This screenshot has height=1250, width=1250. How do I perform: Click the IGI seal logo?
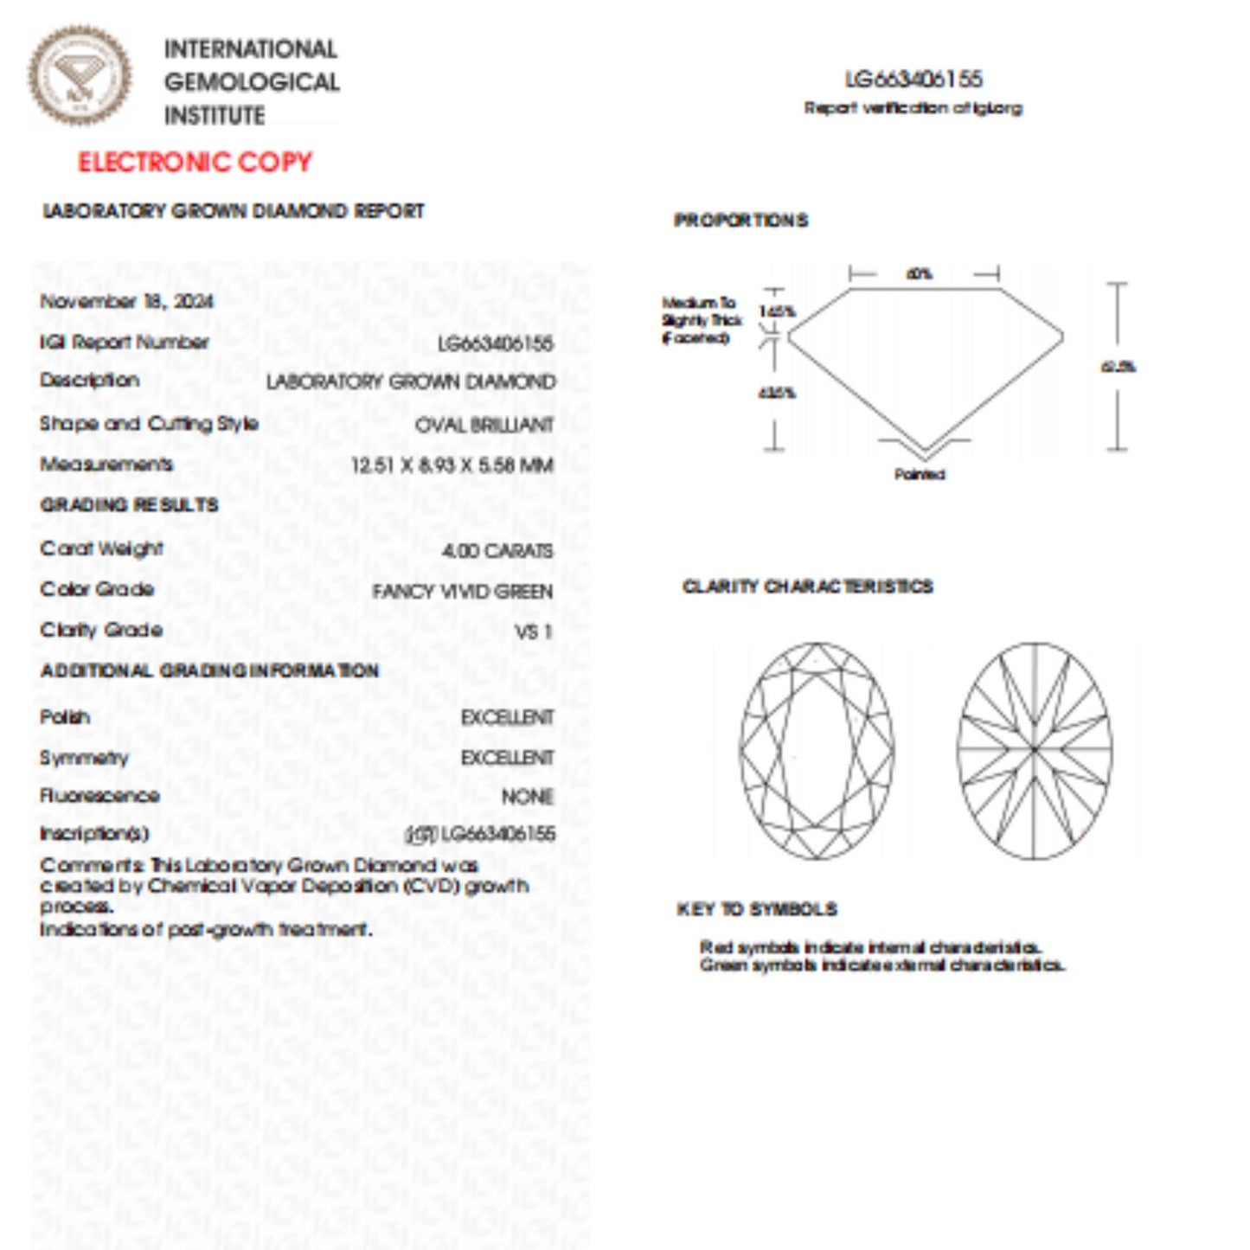pyautogui.click(x=80, y=76)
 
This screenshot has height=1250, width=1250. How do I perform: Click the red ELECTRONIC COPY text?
pyautogui.click(x=195, y=162)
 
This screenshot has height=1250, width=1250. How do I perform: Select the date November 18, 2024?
pyautogui.click(x=126, y=301)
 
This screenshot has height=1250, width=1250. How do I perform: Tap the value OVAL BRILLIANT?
pyautogui.click(x=484, y=425)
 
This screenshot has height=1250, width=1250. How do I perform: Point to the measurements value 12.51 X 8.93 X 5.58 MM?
pyautogui.click(x=452, y=465)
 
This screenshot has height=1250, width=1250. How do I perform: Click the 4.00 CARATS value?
pyautogui.click(x=497, y=551)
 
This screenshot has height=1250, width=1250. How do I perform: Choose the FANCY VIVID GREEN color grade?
pyautogui.click(x=462, y=592)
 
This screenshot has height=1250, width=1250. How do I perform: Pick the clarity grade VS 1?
pyautogui.click(x=533, y=632)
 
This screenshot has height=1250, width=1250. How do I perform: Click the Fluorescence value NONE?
pyautogui.click(x=527, y=796)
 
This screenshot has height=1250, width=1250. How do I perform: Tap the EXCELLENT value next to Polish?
pyautogui.click(x=507, y=718)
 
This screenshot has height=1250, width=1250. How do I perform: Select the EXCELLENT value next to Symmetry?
pyautogui.click(x=507, y=758)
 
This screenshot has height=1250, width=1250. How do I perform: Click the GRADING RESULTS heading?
pyautogui.click(x=129, y=505)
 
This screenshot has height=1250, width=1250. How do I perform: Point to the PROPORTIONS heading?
pyautogui.click(x=740, y=221)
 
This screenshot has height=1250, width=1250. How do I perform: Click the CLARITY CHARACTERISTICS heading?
pyautogui.click(x=807, y=587)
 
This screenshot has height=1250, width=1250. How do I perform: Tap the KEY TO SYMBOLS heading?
pyautogui.click(x=757, y=909)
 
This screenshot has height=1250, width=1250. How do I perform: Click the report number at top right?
pyautogui.click(x=913, y=80)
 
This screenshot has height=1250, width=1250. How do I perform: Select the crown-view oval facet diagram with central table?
pyautogui.click(x=817, y=750)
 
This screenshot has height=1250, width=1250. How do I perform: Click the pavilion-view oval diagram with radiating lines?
pyautogui.click(x=1035, y=750)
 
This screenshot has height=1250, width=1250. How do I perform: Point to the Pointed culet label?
pyautogui.click(x=920, y=474)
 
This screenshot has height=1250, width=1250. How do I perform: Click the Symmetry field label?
pyautogui.click(x=84, y=758)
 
